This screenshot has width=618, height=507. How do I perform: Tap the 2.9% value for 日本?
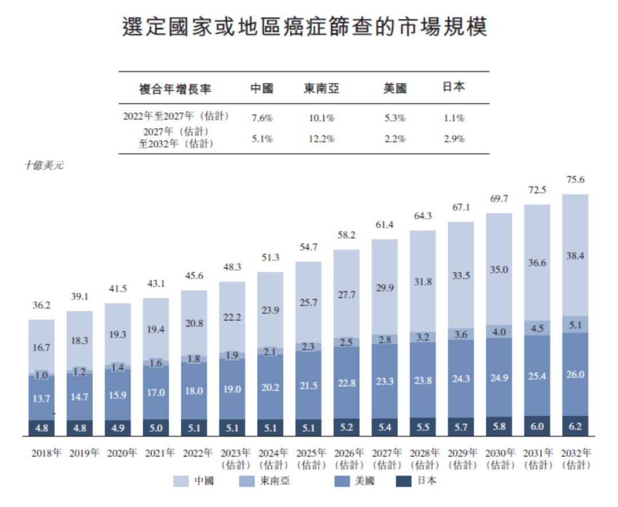pos(453,139)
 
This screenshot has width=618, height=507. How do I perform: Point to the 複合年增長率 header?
pos(175,89)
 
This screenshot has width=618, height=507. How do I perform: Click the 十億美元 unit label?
pos(44,165)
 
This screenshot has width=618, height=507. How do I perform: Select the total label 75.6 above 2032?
pos(575,180)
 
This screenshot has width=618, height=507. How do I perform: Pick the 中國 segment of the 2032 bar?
pos(575,255)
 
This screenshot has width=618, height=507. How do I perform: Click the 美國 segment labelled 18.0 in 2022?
pos(193,391)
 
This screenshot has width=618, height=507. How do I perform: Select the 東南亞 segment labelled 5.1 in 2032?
pos(575,324)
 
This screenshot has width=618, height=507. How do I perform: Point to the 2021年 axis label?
pos(156,453)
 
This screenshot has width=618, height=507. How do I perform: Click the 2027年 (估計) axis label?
pos(385,459)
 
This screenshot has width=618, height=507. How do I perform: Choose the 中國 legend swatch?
pos(180,481)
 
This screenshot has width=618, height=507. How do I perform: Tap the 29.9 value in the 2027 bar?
pos(385,288)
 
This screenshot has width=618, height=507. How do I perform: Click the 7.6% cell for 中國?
pos(262,118)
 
